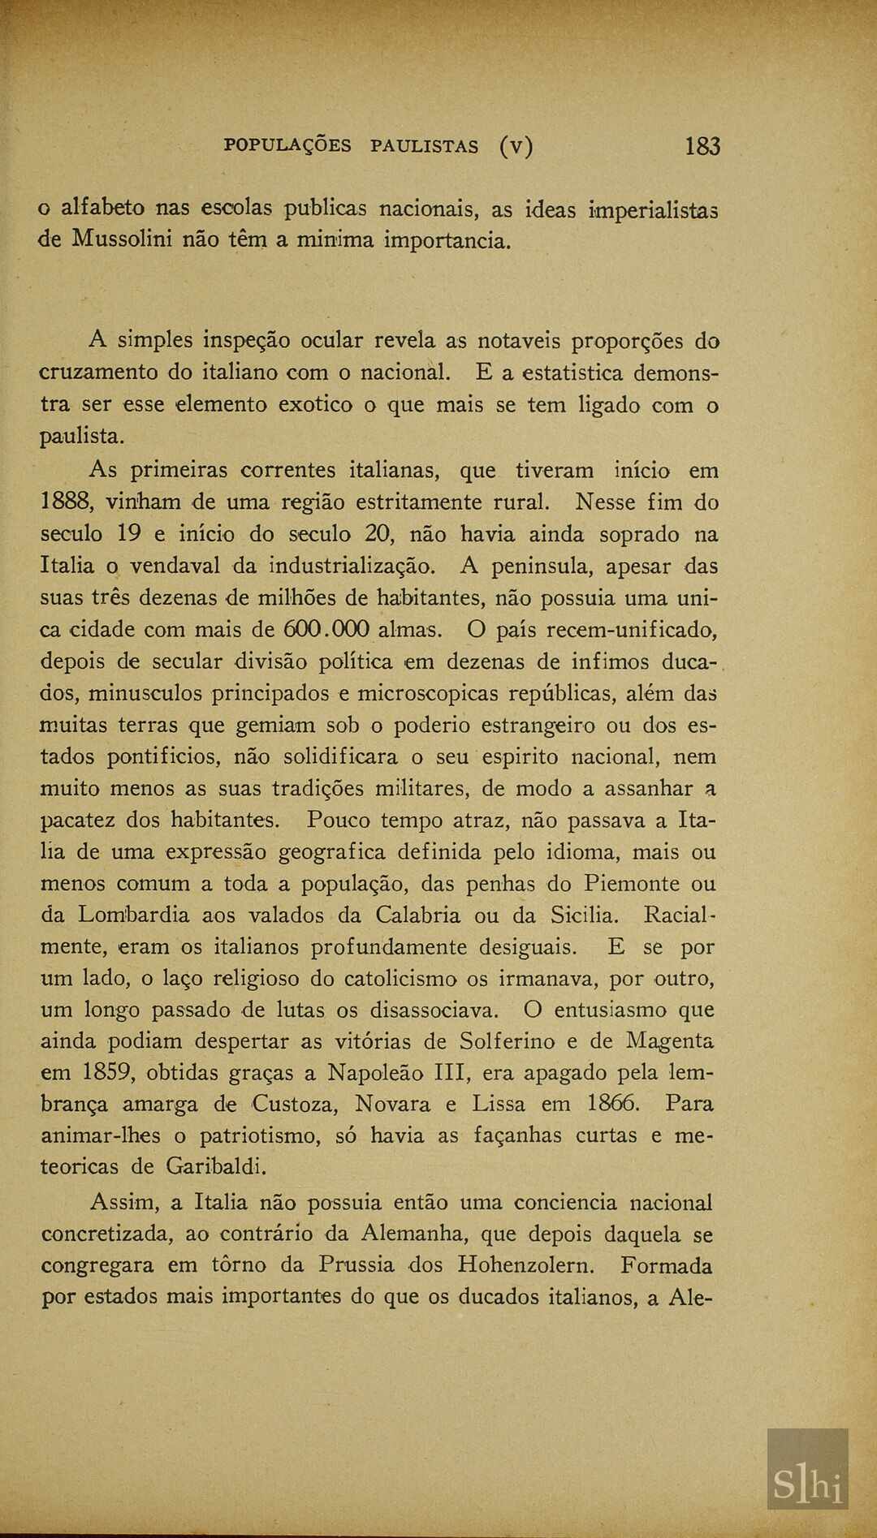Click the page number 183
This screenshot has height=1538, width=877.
[702, 147]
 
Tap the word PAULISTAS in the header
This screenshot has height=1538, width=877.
[424, 147]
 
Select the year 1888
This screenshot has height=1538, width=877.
[65, 502]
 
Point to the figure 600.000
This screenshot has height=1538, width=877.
[326, 630]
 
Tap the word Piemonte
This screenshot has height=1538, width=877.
[631, 884]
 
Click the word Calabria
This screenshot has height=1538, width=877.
[417, 915]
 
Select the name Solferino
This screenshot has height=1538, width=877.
[507, 1041]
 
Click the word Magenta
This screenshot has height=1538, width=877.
[669, 1042]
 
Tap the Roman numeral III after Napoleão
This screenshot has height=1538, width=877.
[448, 1073]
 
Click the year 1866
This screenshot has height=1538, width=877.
[614, 1105]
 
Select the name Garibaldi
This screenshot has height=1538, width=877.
[216, 1167]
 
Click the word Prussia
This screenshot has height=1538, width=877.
[356, 1265]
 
